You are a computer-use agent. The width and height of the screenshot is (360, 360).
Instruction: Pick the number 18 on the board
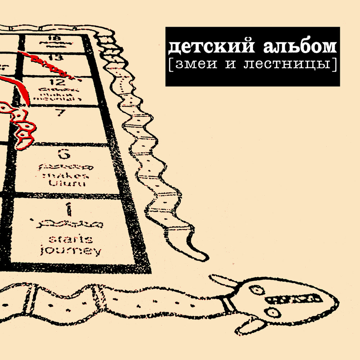coord(53,38)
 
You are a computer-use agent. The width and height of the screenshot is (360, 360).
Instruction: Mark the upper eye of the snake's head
coord(256,289)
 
